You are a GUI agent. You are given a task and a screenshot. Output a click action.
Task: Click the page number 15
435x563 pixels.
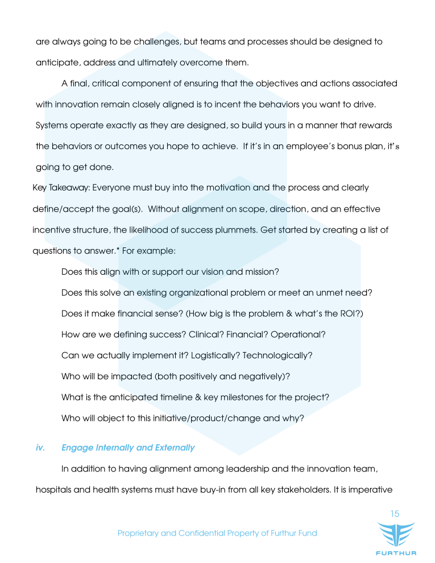coord(395,514)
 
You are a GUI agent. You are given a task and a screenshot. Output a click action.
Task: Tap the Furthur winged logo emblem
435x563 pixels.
coord(396,535)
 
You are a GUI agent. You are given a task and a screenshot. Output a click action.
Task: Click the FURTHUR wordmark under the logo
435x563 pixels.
coord(396,553)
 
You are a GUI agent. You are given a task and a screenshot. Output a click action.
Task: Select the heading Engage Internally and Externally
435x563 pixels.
coord(128,448)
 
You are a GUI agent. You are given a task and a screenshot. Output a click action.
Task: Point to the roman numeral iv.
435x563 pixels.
coord(40,448)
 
